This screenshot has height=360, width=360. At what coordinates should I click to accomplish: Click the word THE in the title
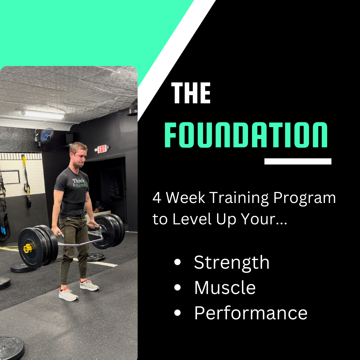[191, 94]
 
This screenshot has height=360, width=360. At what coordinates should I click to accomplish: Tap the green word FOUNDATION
[246, 135]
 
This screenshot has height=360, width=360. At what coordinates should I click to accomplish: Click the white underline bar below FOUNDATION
[298, 161]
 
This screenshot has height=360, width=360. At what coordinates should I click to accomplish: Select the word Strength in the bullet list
[232, 262]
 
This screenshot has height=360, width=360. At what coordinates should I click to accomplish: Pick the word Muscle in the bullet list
[225, 287]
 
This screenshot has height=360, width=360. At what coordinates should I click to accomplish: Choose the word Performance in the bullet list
[251, 313]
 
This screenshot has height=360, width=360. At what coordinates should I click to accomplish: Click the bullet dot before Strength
[177, 263]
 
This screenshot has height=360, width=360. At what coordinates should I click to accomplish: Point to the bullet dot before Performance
[177, 313]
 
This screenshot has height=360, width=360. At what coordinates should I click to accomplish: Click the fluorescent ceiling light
[43, 114]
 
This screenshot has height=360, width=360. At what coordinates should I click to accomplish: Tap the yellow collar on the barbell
[27, 248]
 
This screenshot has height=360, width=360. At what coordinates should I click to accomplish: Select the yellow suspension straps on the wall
[25, 177]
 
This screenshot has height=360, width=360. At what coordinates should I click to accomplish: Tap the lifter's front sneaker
[68, 294]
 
